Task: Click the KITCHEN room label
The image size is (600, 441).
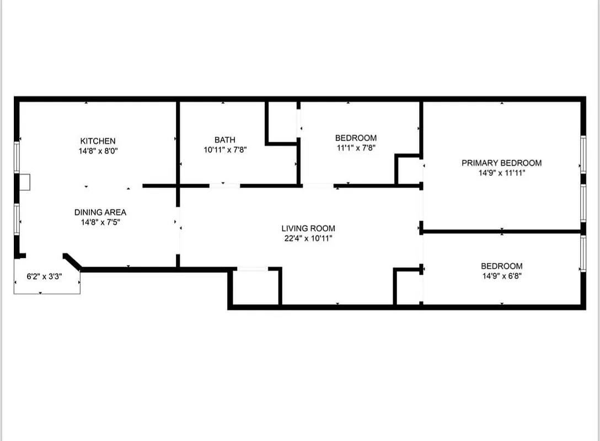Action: click(98, 141)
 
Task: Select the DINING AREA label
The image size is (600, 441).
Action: click(100, 212)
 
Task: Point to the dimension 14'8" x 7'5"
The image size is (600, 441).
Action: click(100, 222)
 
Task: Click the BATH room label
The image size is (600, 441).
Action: click(224, 140)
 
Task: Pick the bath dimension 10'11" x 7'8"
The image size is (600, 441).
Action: click(224, 149)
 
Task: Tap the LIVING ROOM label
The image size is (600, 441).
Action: click(308, 228)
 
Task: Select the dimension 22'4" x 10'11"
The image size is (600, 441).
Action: click(308, 238)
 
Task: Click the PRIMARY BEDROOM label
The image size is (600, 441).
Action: click(501, 163)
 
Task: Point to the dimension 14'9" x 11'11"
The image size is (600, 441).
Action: click(501, 173)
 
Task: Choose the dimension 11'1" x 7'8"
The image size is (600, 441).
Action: click(356, 148)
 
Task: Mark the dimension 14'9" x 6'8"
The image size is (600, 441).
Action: click(501, 276)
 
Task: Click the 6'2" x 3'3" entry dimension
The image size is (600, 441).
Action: click(45, 277)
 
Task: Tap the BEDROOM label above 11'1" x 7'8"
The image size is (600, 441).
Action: click(356, 138)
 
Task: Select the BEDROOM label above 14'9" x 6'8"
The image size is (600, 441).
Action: click(501, 266)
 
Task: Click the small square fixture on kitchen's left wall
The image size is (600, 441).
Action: click(25, 182)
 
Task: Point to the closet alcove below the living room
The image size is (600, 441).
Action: click(255, 287)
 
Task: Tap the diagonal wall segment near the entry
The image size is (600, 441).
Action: click(73, 261)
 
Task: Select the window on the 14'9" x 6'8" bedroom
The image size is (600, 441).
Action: click(583, 253)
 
